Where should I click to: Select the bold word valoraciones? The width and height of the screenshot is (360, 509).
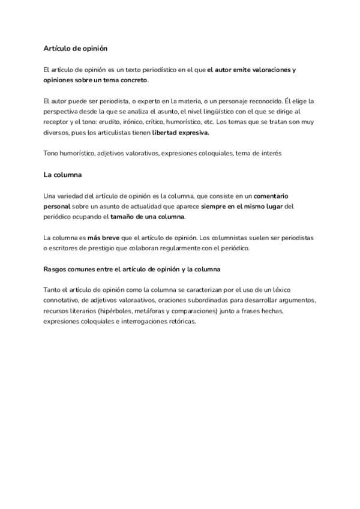coord(270,70)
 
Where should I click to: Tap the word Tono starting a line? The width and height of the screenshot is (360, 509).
coord(52,154)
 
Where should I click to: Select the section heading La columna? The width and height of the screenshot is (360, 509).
coord(62,175)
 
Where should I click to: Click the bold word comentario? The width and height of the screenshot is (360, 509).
coord(274,196)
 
